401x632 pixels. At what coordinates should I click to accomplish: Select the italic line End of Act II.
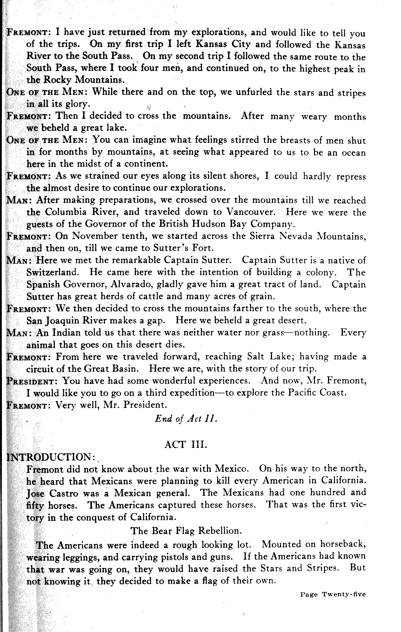tap(186, 419)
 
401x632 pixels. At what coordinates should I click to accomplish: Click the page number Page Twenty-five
tap(333, 595)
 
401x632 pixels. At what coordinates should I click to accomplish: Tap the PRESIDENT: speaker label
tap(32, 381)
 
